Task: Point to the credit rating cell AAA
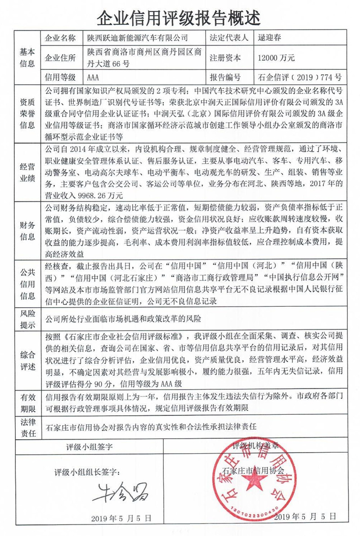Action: [94, 77]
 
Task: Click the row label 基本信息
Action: [27, 57]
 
